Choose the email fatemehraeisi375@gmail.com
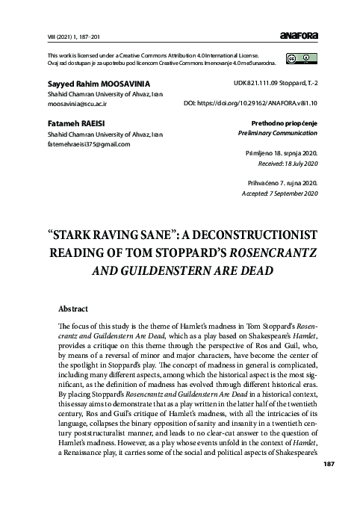point(88,144)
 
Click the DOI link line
point(251,102)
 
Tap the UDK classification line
point(276,84)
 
